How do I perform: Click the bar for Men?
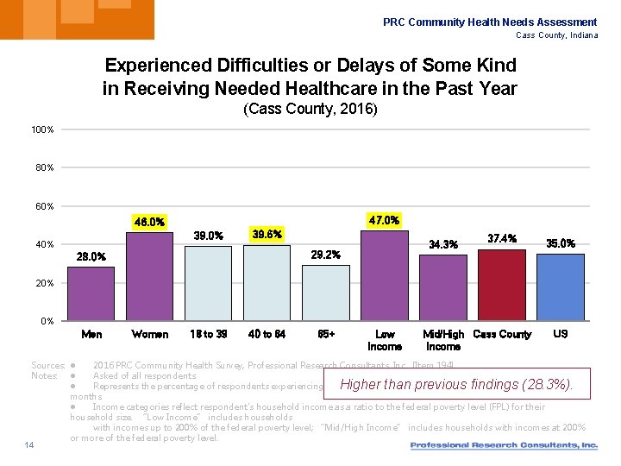point(91,293)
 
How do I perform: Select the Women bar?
point(149,276)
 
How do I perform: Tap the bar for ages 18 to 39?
point(208,283)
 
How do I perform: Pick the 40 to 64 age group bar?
point(267,282)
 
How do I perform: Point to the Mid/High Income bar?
point(442,287)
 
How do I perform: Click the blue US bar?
point(560,287)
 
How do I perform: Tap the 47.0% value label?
point(384,220)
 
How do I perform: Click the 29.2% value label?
point(325,255)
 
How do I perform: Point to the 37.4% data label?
point(502,238)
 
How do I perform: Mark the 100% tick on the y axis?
point(42,129)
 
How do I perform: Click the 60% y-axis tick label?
point(45,206)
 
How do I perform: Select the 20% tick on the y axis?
point(45,283)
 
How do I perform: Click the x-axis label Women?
point(149,334)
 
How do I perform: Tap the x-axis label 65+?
point(326,334)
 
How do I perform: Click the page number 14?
point(28,445)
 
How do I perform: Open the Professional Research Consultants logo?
point(504,445)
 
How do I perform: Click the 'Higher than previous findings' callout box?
point(455,385)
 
